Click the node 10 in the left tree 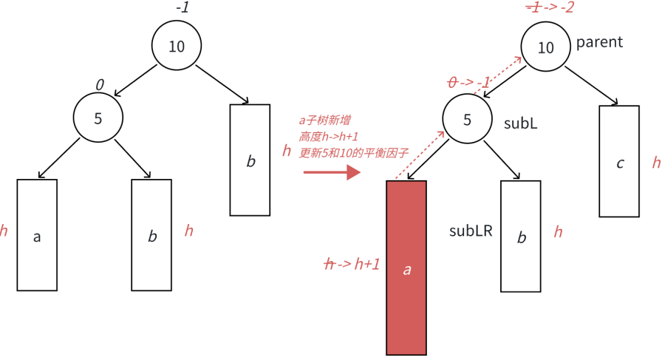pos(177,46)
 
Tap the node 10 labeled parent pos(545,47)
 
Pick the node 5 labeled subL pos(467,120)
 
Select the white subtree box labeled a pos(37,235)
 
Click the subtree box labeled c pos(619,161)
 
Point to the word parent pos(599,42)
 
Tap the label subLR pos(471,231)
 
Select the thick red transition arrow pos(332,172)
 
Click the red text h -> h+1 pos(353,264)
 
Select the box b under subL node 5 pos(521,236)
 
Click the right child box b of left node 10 pos(250,160)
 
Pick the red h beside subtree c pos(656,163)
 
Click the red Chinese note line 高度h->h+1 pos(329,137)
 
